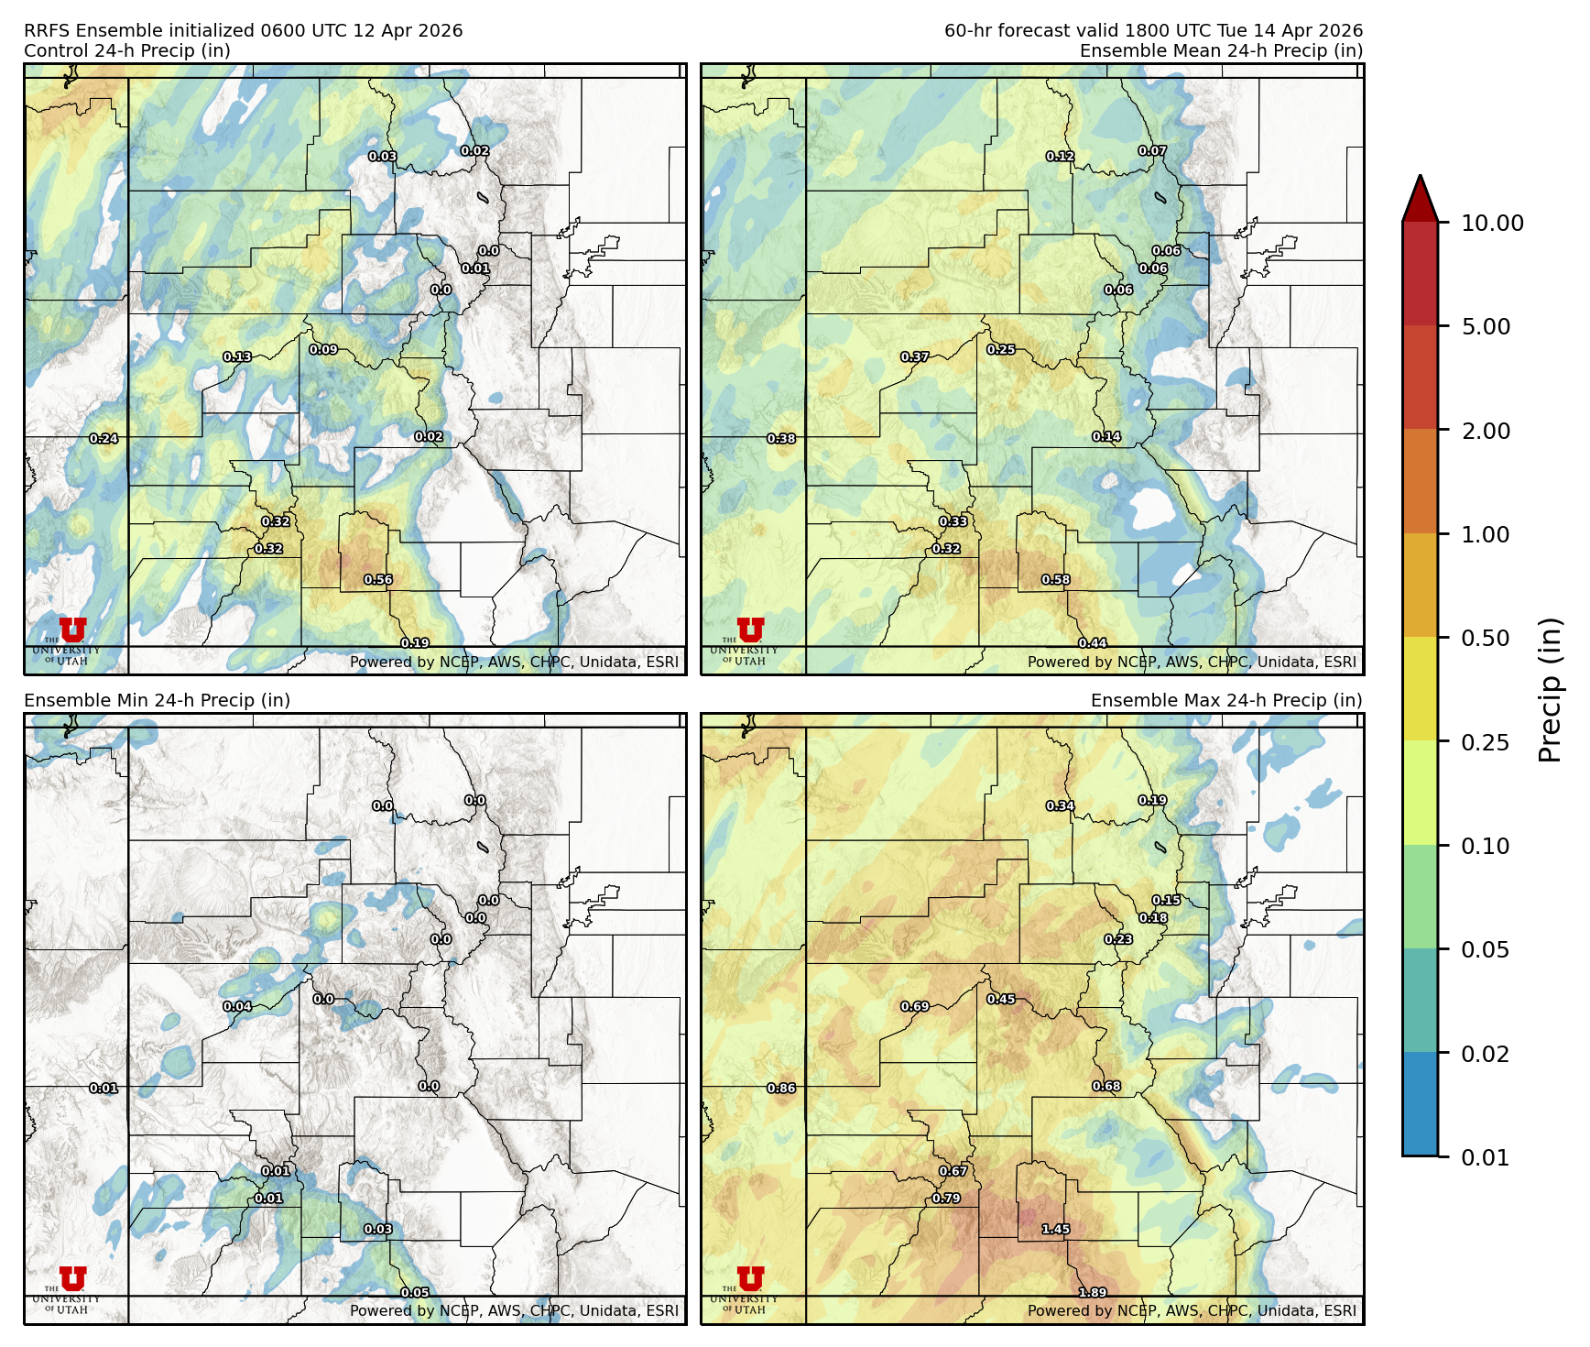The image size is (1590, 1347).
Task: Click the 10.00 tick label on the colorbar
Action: coord(1492,223)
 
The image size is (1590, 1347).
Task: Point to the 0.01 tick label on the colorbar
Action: coord(1485,1157)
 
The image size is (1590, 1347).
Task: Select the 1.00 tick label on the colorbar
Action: coord(1485,534)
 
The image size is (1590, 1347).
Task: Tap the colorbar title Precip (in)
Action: coord(1549,690)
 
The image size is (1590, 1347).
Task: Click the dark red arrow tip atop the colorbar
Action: coord(1420,195)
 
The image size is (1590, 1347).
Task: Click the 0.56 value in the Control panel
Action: coord(378,580)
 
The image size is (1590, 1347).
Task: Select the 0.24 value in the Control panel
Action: coord(104,439)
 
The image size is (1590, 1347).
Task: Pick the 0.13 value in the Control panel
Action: coord(237,357)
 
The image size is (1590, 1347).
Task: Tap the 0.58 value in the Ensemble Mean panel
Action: coord(1056,580)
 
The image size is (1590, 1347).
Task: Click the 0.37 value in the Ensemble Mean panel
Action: coord(915,357)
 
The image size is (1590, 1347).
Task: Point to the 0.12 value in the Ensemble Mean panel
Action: coord(1061,157)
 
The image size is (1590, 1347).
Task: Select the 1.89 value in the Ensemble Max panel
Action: coord(1092,1293)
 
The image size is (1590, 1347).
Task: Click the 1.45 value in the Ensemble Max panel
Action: coord(1056,1230)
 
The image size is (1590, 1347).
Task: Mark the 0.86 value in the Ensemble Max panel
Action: coord(781,1089)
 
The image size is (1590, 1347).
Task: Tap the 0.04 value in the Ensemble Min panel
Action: coord(237,1007)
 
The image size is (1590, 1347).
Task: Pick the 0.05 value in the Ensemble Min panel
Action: coord(415,1293)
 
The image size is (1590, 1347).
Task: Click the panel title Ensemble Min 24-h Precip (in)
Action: coord(157,700)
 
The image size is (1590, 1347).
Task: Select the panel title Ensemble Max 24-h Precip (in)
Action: coord(1226,700)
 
